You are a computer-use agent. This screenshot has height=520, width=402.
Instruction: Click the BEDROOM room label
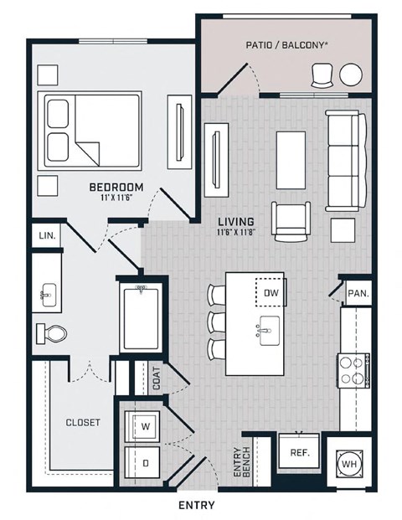click(x=116, y=187)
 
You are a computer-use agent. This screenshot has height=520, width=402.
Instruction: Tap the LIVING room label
click(x=236, y=221)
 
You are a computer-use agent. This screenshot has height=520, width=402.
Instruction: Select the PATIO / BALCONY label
click(x=285, y=45)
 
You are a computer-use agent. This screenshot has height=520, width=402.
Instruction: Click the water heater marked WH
click(x=349, y=464)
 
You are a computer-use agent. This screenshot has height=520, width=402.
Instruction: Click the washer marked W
click(x=142, y=426)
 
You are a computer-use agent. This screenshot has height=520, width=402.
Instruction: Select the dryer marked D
click(x=142, y=462)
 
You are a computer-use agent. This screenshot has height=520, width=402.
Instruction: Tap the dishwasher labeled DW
click(x=271, y=292)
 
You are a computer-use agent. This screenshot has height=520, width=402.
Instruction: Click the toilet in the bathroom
click(x=51, y=333)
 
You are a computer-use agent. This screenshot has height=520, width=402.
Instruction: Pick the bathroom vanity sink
click(x=49, y=295)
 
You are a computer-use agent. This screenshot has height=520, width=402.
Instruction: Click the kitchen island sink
click(x=269, y=331)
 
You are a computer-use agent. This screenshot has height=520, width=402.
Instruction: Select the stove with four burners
click(x=353, y=370)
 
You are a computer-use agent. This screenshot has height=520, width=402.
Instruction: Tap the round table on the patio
click(x=351, y=75)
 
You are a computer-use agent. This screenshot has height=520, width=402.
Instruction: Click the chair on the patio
click(x=322, y=75)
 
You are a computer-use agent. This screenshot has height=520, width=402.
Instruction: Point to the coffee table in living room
click(x=291, y=160)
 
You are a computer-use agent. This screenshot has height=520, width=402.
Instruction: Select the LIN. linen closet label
click(x=47, y=236)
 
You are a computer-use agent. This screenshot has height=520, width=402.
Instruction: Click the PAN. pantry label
click(x=358, y=293)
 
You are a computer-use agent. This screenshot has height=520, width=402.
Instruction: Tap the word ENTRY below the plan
click(x=197, y=505)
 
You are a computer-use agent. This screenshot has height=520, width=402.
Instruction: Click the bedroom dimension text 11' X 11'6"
click(x=116, y=198)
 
